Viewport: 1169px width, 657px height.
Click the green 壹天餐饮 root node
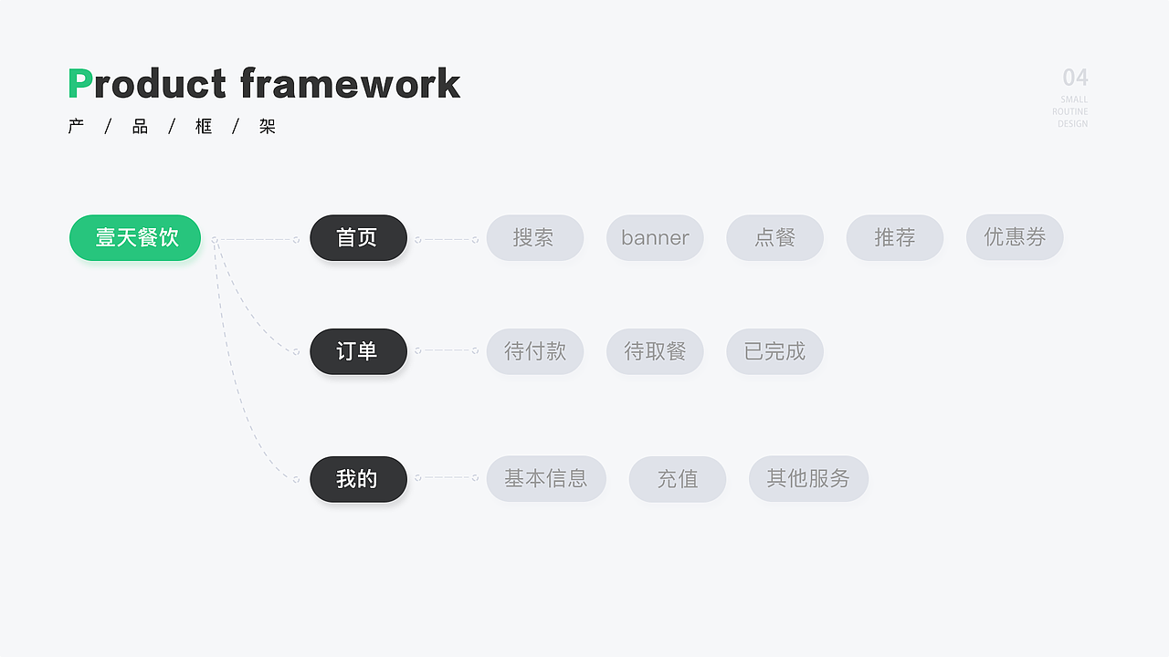coord(135,238)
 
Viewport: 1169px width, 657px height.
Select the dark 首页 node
coord(359,238)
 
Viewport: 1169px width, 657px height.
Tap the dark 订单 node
coord(359,351)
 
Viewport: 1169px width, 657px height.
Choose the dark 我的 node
coord(359,479)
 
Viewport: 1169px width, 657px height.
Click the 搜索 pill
coord(535,238)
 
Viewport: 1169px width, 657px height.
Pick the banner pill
coord(655,238)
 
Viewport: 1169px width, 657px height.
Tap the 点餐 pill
coord(775,238)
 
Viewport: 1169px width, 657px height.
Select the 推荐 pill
coord(895,238)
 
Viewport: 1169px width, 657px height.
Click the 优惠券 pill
coord(1015,237)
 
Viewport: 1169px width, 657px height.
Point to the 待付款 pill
coord(535,351)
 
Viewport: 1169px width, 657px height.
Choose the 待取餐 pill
coord(655,351)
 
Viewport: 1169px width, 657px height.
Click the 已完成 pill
coord(775,351)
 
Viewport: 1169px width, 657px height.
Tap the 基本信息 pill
coord(546,479)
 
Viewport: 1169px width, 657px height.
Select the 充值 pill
coord(678,479)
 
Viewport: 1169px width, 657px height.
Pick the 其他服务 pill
coord(809,479)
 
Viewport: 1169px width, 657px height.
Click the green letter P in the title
coord(80,83)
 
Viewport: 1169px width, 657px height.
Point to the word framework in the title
coord(351,82)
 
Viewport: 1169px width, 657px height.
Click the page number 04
coord(1076,78)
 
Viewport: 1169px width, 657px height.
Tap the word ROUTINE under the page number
coord(1069,111)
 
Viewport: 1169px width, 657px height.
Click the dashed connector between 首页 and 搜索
coord(447,240)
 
